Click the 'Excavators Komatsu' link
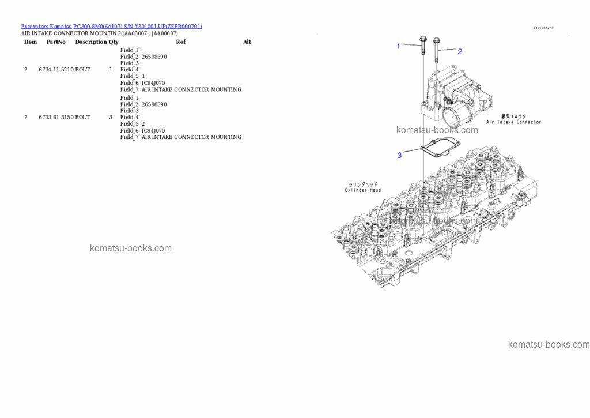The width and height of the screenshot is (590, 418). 46,27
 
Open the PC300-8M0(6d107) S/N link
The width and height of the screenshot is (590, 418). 138,27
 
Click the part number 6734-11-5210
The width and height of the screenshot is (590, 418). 56,70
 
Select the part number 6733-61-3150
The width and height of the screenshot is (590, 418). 56,118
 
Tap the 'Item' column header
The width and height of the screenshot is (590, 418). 31,42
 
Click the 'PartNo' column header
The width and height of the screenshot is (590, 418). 56,42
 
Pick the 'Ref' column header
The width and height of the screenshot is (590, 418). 180,42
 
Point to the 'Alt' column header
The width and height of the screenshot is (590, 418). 247,42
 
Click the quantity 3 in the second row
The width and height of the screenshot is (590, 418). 111,118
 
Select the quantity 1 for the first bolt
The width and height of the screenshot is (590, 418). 111,70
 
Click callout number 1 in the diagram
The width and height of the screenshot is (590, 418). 398,46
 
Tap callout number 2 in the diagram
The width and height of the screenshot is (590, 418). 460,51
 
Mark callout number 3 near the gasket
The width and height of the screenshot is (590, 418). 399,155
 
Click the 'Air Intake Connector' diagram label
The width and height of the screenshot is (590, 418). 513,122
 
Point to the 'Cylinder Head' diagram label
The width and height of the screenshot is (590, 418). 362,190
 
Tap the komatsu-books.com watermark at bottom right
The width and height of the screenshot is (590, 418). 549,345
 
